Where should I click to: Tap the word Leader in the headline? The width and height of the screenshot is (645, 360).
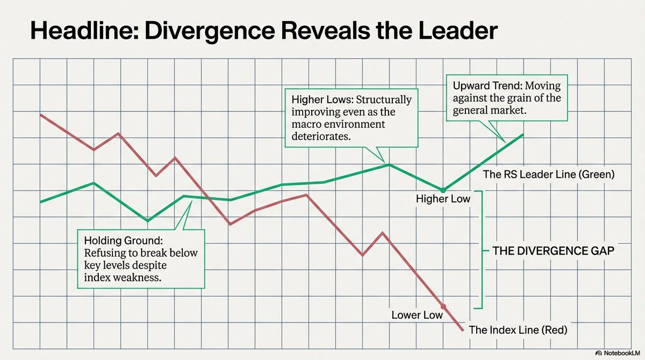(x=456, y=32)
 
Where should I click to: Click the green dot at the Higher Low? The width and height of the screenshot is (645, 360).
(x=443, y=190)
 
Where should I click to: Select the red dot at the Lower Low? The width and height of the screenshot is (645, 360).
(x=443, y=305)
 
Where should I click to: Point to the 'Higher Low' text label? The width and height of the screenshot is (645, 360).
(x=443, y=199)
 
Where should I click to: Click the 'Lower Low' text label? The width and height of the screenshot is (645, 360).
(x=417, y=315)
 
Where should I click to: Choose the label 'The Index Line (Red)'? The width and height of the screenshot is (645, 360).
(x=518, y=329)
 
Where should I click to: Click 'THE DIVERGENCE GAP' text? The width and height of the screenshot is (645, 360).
(x=553, y=250)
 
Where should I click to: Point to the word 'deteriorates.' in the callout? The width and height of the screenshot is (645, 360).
(x=321, y=137)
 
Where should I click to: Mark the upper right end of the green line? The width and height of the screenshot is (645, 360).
(x=522, y=134)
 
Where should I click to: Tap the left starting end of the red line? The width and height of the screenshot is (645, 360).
(x=41, y=114)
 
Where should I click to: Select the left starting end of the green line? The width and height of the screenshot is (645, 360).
(x=41, y=201)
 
